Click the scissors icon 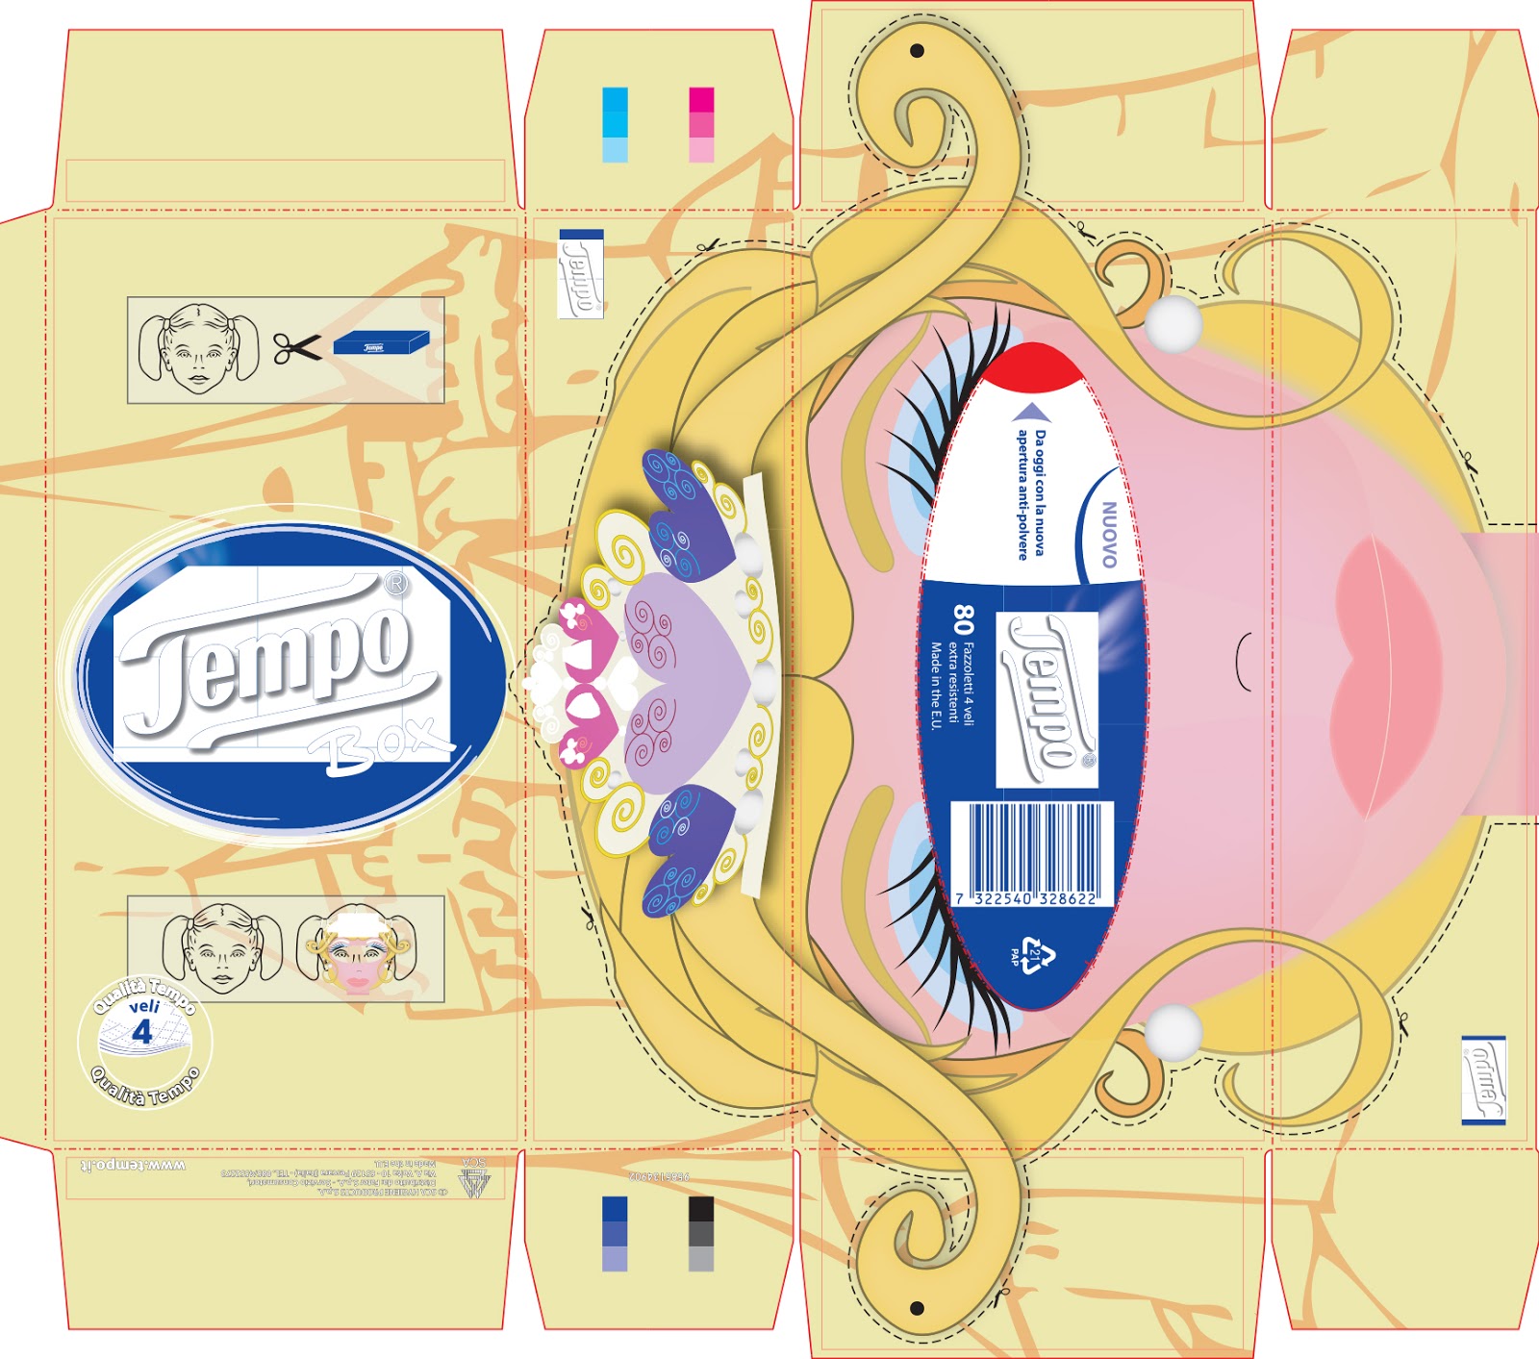click(297, 348)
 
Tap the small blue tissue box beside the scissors click(381, 343)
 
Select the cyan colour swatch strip click(615, 124)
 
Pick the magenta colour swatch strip click(701, 124)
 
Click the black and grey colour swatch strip click(701, 1234)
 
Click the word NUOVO click(1108, 534)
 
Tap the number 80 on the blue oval click(963, 619)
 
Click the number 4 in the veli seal click(142, 1033)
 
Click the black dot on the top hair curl click(917, 50)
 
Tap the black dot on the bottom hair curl click(917, 1308)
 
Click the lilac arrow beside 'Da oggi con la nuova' click(1032, 413)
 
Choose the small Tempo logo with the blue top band click(581, 273)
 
